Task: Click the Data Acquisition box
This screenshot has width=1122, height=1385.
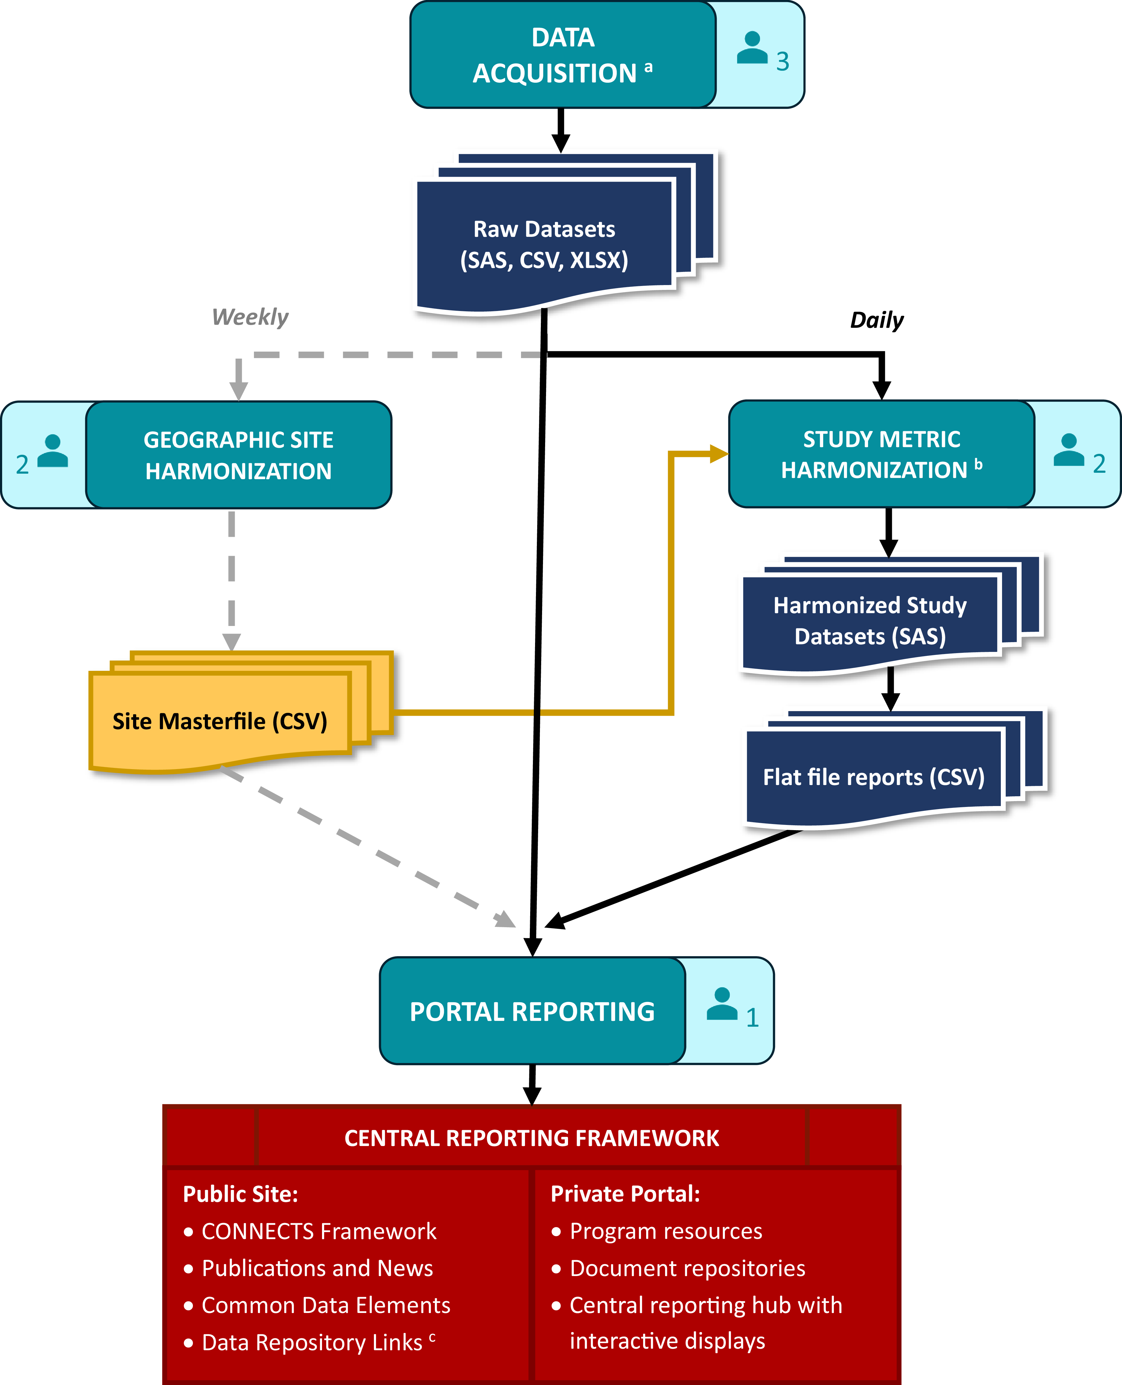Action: click(562, 55)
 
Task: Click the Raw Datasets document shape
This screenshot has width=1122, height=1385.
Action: click(544, 244)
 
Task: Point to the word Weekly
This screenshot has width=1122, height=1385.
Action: click(250, 317)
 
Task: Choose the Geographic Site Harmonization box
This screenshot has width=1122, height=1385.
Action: click(238, 455)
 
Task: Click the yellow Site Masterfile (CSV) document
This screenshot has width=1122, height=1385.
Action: click(220, 721)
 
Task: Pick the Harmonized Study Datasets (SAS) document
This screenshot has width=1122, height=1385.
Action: click(870, 620)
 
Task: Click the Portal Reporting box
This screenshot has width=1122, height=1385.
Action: click(532, 1011)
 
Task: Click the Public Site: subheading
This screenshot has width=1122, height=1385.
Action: click(241, 1194)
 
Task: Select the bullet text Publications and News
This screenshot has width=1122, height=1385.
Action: click(317, 1268)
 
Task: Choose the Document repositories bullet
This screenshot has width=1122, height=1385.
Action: click(687, 1268)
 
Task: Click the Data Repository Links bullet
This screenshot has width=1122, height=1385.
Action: click(312, 1342)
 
